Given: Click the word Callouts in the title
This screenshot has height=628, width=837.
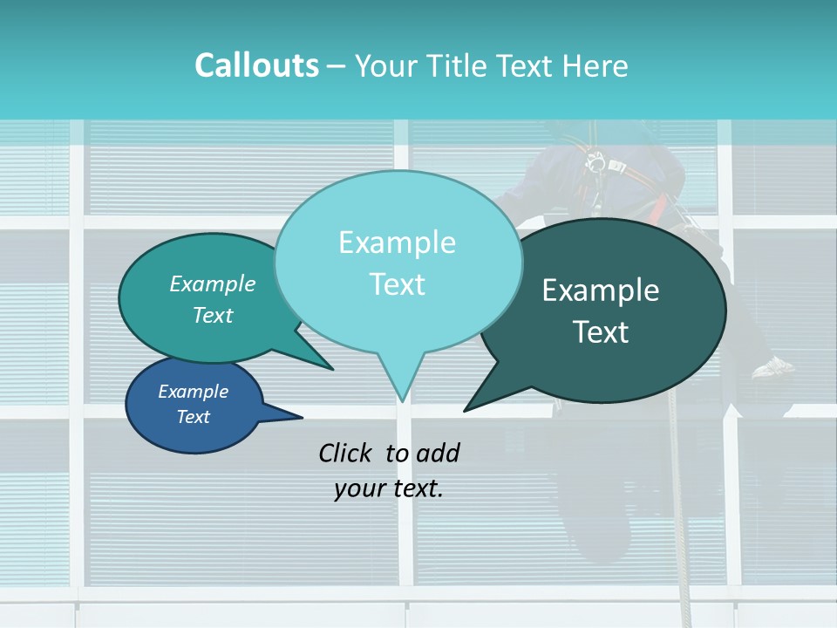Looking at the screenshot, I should pyautogui.click(x=256, y=65).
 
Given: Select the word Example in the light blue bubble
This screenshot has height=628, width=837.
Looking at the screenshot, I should pyautogui.click(x=397, y=242).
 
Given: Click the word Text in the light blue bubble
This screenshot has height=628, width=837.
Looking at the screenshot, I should pyautogui.click(x=397, y=284).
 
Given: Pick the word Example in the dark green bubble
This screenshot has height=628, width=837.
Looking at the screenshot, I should pyautogui.click(x=600, y=290).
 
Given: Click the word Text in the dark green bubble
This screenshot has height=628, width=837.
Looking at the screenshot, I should pyautogui.click(x=601, y=332).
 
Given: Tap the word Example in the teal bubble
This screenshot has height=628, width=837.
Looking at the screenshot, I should pyautogui.click(x=212, y=284).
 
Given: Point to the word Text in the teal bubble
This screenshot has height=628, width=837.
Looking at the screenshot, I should pyautogui.click(x=212, y=316).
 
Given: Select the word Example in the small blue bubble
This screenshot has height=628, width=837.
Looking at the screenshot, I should pyautogui.click(x=193, y=392).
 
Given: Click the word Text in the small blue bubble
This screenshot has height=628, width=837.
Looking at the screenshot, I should pyautogui.click(x=193, y=417).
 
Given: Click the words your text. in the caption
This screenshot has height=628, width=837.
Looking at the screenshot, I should pyautogui.click(x=388, y=489).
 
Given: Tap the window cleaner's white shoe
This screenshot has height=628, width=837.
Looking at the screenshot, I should pyautogui.click(x=773, y=369).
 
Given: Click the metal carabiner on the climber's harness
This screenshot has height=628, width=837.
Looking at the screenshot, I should pyautogui.click(x=597, y=162).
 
